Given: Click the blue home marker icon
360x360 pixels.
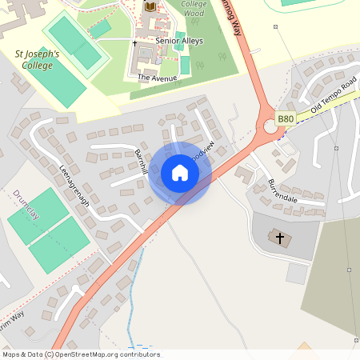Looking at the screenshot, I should coord(180,173).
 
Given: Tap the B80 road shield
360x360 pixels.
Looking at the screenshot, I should coord(286,118).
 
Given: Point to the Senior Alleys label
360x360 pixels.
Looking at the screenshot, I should coord(179,41).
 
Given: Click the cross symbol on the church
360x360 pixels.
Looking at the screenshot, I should coord(280,238).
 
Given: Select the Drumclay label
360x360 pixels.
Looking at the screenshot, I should coord(26,206).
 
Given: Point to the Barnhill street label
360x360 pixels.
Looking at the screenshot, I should coord(142,161).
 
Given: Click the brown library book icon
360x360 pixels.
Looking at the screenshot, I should coord(150,7).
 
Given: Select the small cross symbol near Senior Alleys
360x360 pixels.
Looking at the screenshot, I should coord(134,41).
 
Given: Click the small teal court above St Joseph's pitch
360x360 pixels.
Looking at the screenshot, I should coord(100,29).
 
